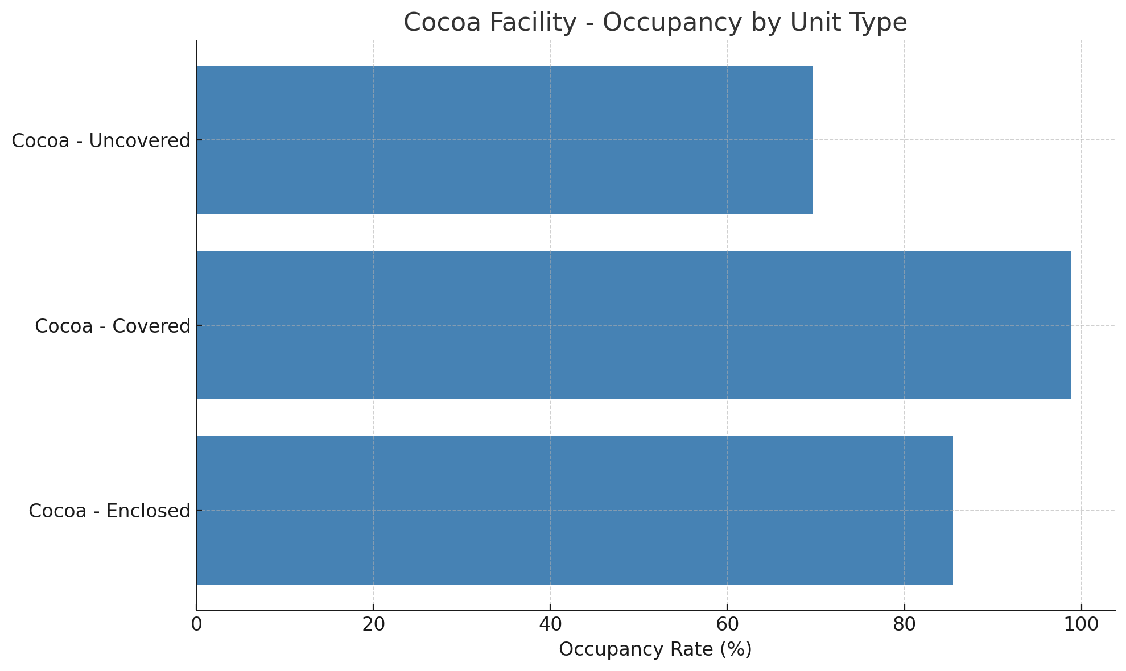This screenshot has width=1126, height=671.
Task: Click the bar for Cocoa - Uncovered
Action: pos(505,140)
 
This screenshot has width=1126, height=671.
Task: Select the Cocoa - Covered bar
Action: pos(634,325)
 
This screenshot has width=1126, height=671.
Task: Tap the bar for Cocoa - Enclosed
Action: pos(575,510)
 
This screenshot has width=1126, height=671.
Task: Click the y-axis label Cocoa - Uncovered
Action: pos(101,141)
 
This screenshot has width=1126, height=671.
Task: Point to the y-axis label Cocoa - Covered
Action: pos(112,326)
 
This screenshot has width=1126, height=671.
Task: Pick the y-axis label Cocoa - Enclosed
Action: pos(109,511)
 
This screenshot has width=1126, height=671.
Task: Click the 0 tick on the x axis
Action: pos(196,624)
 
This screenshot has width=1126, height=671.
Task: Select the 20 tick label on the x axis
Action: pos(373,624)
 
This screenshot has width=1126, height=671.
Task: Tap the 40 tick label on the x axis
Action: pos(550,624)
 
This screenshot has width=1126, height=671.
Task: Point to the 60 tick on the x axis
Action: pos(727,624)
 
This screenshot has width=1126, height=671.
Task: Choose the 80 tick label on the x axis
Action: pos(904,624)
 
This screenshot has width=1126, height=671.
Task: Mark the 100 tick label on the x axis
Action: pos(1081,624)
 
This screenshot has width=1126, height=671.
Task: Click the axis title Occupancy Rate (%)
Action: pos(655,649)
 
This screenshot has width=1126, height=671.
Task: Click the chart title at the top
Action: pos(655,23)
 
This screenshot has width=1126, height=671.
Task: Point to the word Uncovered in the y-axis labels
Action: pos(140,141)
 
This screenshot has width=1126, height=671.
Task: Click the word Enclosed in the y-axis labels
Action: pos(149,511)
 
